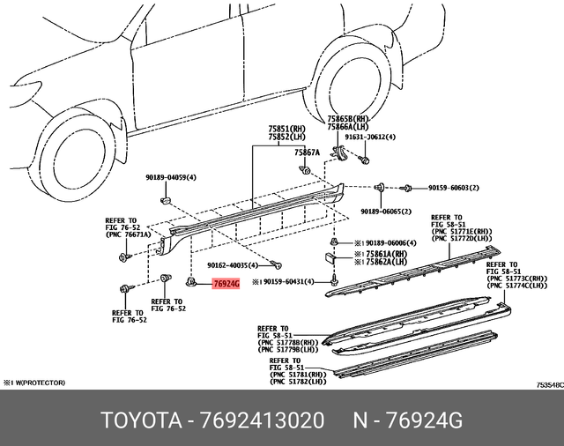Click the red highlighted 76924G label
pos(226,284)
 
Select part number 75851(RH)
pos(287,129)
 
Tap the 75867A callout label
pos(308,152)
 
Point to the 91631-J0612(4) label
pos(370,138)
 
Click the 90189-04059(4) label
pos(171,177)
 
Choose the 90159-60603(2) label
pos(453,188)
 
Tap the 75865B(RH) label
pos(346,118)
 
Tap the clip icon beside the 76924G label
pos(191,281)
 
